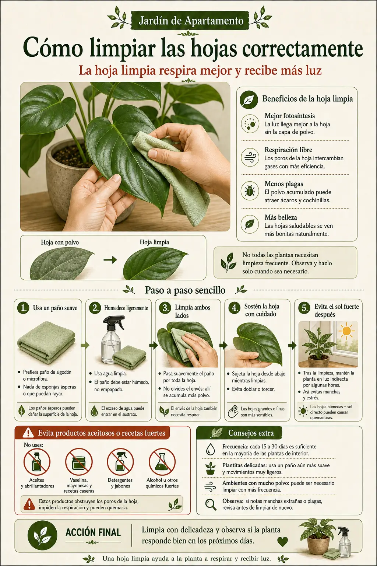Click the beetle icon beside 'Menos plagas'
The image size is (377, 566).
250,191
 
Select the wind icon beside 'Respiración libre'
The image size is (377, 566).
250,157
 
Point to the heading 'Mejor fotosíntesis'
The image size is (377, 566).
290,116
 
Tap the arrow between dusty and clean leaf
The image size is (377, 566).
110,260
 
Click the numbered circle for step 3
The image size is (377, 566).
165,308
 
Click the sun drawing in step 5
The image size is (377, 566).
347,331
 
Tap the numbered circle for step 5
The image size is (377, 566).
304,308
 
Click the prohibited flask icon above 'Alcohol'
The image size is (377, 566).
162,462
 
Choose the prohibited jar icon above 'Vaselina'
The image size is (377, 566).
79,462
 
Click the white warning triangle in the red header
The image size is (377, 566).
28,433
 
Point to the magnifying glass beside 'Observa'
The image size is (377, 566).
211,504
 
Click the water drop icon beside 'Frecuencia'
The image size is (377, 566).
210,450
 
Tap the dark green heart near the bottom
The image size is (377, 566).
282,541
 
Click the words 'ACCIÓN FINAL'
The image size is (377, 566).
93,532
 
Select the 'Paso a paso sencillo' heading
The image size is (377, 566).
185,290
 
